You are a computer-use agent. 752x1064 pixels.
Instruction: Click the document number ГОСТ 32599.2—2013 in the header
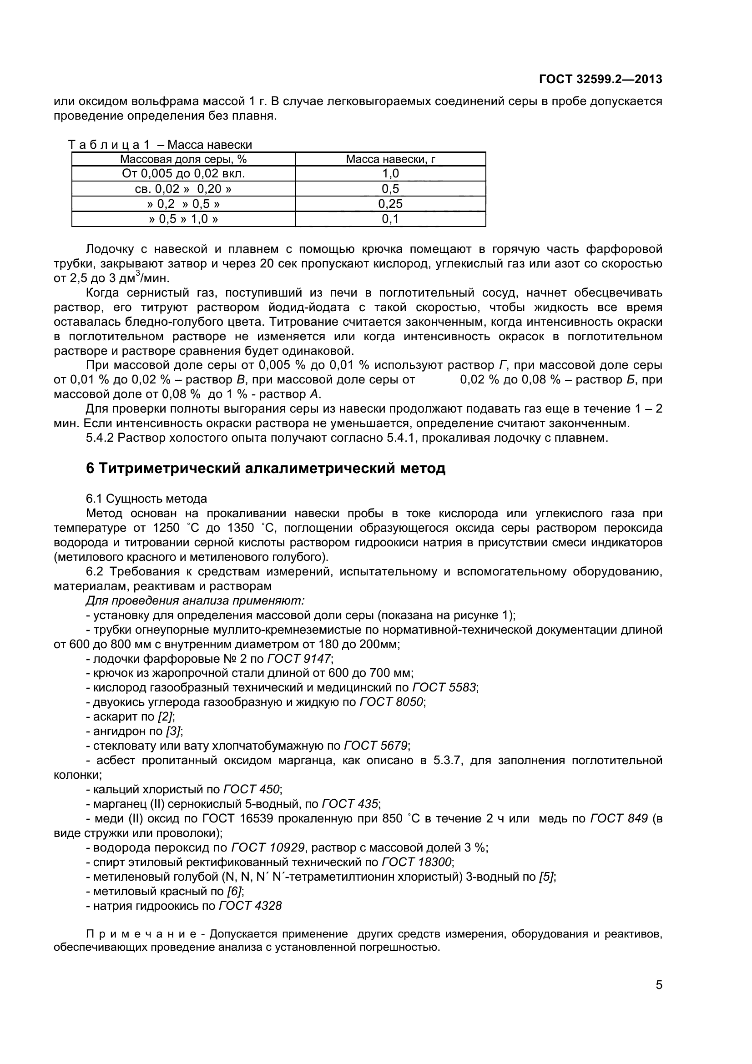coord(601,79)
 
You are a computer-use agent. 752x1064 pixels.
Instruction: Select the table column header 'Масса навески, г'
coord(391,159)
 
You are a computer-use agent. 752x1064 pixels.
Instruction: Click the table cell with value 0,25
coord(390,204)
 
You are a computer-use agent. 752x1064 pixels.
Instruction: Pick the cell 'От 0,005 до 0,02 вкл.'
coord(183,173)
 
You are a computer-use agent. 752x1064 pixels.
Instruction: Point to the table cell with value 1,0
coord(390,173)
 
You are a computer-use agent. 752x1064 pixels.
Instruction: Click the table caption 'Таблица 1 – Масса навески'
coord(160,145)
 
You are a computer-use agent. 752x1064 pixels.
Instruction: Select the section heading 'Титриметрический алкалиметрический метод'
coord(272,468)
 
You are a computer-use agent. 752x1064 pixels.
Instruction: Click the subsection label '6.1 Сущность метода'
coord(146,499)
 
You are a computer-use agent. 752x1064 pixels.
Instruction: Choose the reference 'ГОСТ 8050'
coord(391,702)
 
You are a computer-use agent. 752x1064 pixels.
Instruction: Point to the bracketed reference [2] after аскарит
coord(165,716)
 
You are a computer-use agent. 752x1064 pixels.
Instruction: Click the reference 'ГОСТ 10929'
coord(268,847)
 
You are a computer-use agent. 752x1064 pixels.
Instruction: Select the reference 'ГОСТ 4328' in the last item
coord(250,906)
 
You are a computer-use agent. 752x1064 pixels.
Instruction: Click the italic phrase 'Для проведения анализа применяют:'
coord(195,600)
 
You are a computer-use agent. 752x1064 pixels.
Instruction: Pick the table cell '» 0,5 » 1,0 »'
coord(183,219)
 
